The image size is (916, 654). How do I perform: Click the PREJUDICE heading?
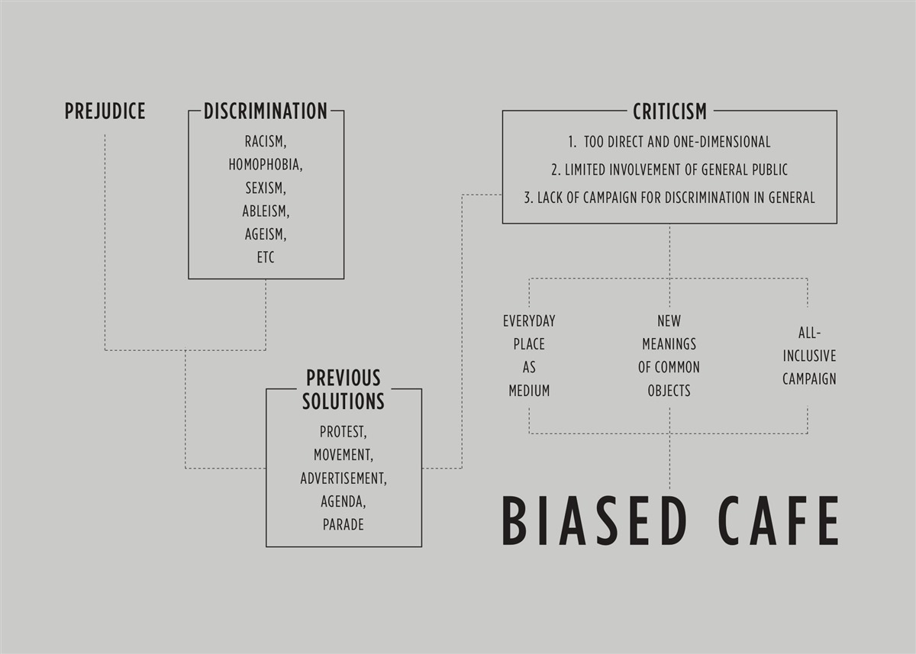click(x=105, y=111)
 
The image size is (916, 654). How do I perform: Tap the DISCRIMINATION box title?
click(x=266, y=111)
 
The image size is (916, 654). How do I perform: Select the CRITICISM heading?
click(x=670, y=111)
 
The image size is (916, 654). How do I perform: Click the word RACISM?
click(x=266, y=141)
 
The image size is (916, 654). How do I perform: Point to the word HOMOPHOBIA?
click(x=266, y=165)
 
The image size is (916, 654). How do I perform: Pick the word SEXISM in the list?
click(x=266, y=188)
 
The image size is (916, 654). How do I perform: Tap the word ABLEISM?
click(x=266, y=211)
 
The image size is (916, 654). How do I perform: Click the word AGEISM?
click(x=266, y=234)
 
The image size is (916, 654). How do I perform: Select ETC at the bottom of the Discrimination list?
click(x=266, y=257)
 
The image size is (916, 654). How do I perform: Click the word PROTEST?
click(x=343, y=432)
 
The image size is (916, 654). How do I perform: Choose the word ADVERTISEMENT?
click(x=343, y=478)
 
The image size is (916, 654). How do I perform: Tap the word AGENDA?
click(x=343, y=501)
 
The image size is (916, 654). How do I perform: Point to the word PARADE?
click(x=343, y=524)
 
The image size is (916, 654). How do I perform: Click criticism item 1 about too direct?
click(x=669, y=142)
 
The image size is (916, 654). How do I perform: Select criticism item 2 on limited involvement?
click(x=669, y=169)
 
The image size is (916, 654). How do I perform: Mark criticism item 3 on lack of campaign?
click(x=669, y=198)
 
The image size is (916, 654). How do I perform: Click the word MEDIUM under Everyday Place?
click(x=529, y=391)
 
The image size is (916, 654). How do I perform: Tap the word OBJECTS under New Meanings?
click(x=669, y=391)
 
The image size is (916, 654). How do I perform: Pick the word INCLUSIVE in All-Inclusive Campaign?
click(x=809, y=356)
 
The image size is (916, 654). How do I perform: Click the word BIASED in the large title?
click(x=594, y=520)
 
